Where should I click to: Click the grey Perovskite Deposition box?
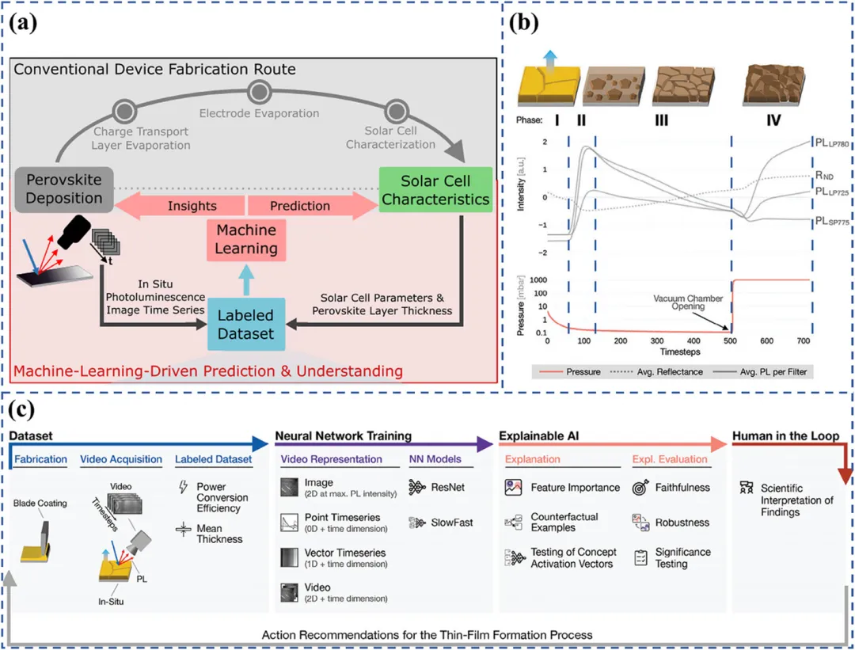pyautogui.click(x=63, y=189)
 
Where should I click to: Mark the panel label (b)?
pyautogui.click(x=523, y=22)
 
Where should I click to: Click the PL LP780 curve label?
pyautogui.click(x=830, y=143)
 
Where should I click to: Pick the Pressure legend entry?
pyautogui.click(x=579, y=371)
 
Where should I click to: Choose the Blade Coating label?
pyautogui.click(x=40, y=504)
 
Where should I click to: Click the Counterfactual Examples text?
pyautogui.click(x=564, y=523)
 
